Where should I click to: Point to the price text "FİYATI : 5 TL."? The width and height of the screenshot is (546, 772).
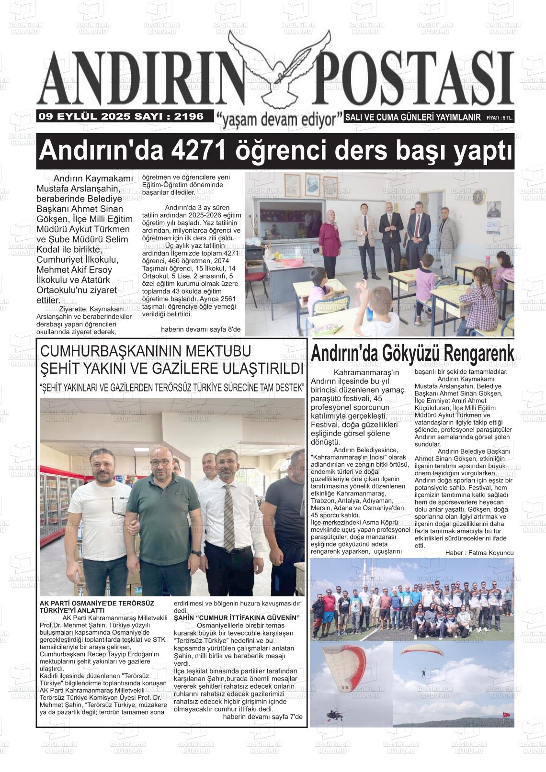coord(500,118)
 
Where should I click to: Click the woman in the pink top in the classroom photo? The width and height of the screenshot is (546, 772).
coord(330,237)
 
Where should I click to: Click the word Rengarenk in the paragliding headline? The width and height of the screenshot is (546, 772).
coord(478,354)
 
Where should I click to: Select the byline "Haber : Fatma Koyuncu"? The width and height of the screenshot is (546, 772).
coord(479,553)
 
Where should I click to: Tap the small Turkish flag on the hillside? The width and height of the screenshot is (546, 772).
coord(505,715)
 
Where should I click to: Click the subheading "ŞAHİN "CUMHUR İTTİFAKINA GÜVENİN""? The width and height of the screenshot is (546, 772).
coord(236,618)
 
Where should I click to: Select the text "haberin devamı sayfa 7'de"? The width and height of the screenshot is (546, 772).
coord(263,716)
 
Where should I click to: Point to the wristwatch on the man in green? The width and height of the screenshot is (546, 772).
coord(196,553)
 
